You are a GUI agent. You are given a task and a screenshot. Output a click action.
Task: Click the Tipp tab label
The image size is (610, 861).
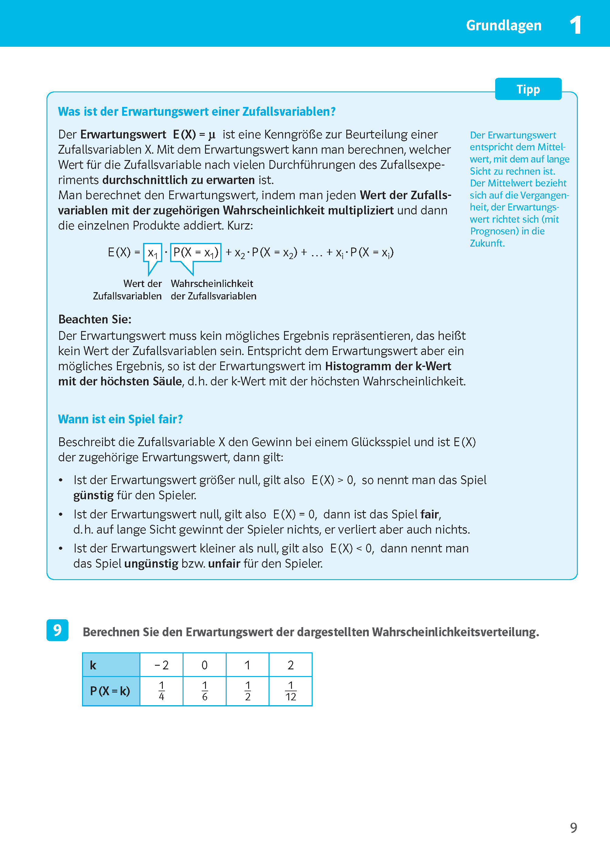pos(528,89)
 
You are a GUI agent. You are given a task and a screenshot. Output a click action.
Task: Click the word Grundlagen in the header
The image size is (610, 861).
pos(503,26)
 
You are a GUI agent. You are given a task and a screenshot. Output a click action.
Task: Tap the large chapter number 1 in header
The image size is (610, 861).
pos(575,26)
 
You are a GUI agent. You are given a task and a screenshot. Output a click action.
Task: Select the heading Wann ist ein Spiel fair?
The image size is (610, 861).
pos(120,419)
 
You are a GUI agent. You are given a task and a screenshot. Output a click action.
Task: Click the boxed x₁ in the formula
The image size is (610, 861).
pos(152,253)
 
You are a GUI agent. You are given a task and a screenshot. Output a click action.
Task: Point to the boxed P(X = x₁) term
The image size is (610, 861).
pos(196,253)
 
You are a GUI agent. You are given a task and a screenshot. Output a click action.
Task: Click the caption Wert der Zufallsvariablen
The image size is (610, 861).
pos(128,289)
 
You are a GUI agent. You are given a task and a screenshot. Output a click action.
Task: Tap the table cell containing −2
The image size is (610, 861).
pos(162,665)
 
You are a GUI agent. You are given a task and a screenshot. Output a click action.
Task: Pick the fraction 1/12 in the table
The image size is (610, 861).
pos(290,691)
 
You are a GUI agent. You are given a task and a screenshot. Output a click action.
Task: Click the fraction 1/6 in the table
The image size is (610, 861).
pos(204,691)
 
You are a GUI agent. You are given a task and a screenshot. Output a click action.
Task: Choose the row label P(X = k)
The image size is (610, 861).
pos(110,691)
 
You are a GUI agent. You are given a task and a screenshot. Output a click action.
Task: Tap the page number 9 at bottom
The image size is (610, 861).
pos(573,828)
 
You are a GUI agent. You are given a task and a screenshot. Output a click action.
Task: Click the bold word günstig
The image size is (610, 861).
pos(93,495)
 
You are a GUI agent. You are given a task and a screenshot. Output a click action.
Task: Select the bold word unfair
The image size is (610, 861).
pos(224,564)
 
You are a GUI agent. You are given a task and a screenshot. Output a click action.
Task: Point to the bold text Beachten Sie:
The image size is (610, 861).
pos(95,319)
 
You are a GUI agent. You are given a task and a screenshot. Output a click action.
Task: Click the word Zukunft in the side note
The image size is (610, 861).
pos(486,243)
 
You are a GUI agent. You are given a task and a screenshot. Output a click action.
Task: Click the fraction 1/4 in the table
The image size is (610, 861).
pos(162,691)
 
